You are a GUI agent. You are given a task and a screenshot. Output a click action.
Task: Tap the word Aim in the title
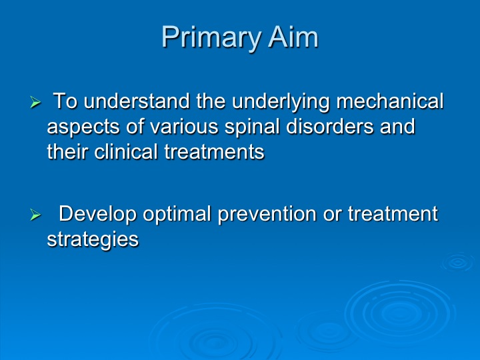[293, 37]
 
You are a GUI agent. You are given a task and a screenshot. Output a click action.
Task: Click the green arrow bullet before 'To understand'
[35, 102]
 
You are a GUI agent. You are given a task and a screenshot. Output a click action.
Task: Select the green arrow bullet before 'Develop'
[35, 215]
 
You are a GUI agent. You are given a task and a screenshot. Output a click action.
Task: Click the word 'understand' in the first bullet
[137, 101]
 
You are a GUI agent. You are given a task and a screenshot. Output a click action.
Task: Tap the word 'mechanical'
[390, 101]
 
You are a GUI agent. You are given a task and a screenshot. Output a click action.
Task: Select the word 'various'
[184, 127]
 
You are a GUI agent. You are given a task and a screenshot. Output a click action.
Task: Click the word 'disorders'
[330, 126]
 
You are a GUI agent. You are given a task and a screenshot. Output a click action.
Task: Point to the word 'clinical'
[126, 151]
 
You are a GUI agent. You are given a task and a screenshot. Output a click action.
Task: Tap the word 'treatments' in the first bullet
[214, 152]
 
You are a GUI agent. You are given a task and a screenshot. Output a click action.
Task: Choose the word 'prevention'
[267, 214]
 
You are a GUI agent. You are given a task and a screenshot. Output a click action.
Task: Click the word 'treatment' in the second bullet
[393, 214]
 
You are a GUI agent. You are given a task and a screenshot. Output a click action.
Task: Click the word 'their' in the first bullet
[67, 151]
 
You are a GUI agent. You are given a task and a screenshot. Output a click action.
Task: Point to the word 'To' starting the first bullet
[65, 101]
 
